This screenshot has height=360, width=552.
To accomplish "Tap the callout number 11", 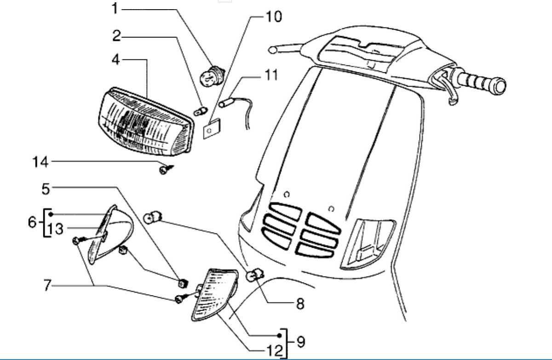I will (x=271, y=75).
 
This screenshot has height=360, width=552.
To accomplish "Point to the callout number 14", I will (x=40, y=161).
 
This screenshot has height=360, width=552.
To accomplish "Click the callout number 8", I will (x=299, y=304).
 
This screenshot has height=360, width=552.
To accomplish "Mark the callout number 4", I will (x=117, y=60).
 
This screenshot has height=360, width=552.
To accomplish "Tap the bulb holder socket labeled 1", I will (x=211, y=75).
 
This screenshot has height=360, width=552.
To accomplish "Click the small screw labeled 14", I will (x=164, y=170).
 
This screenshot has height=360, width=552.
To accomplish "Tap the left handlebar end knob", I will (x=273, y=49).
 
